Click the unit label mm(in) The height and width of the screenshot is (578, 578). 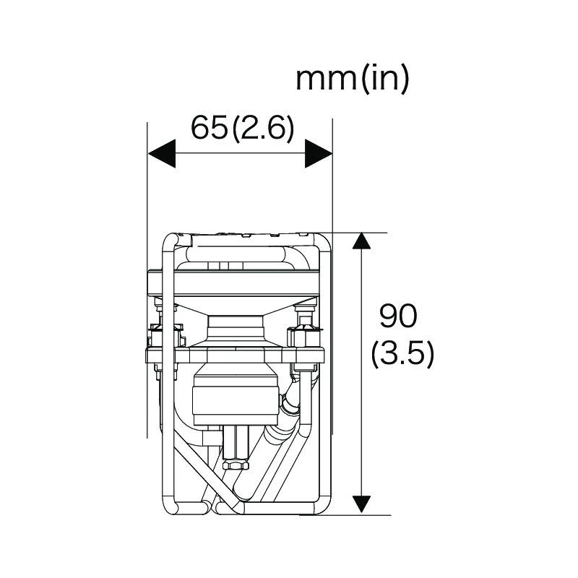click(353, 79)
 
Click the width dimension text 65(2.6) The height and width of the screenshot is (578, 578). click(242, 129)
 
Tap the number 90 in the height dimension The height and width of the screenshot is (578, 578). click(398, 316)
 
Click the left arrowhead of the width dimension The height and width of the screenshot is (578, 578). click(161, 153)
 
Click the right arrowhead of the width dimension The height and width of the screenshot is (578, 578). click(319, 153)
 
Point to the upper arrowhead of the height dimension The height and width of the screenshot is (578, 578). click(361, 241)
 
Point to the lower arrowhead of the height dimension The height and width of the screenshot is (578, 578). click(361, 504)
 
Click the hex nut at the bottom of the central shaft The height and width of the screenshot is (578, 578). click(236, 464)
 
